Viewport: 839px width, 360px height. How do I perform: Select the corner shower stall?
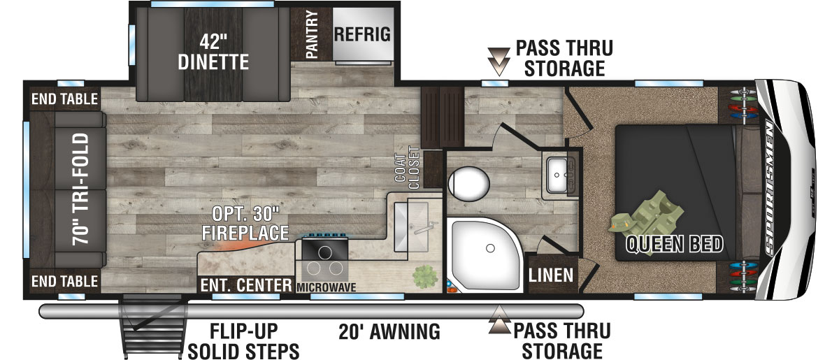(x=483, y=255)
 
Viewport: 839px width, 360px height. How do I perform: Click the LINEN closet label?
(x=552, y=275)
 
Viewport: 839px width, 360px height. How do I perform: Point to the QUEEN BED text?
(x=674, y=245)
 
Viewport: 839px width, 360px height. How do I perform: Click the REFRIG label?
(x=361, y=34)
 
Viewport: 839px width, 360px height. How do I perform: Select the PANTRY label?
(x=311, y=34)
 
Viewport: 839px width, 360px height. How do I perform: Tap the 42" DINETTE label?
(x=213, y=52)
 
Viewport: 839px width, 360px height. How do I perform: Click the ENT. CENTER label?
(x=245, y=285)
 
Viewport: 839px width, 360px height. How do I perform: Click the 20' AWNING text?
(x=389, y=331)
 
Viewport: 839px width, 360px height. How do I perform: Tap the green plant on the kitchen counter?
(x=422, y=276)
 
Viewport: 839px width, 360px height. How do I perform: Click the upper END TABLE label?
(x=64, y=99)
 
